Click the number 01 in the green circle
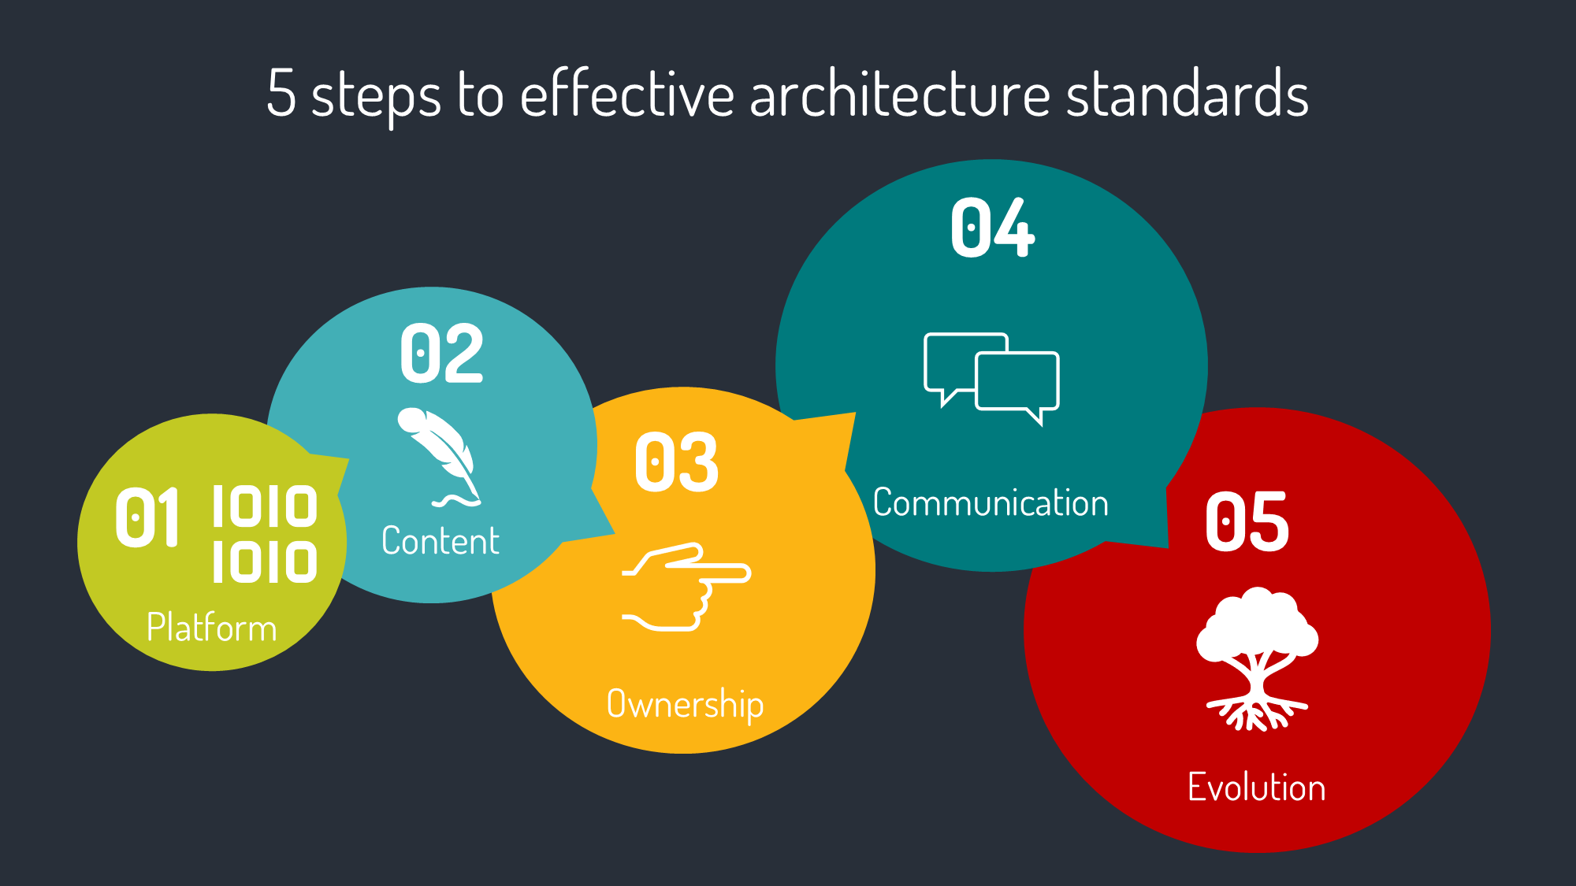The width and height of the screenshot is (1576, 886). (x=147, y=517)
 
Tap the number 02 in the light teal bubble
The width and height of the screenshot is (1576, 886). (x=441, y=354)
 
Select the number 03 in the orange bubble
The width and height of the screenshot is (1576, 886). (x=677, y=462)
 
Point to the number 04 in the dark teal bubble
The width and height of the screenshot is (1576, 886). (x=992, y=228)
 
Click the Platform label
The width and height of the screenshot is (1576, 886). (x=212, y=628)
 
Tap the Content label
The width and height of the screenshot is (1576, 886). (x=440, y=541)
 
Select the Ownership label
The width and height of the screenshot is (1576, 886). (x=685, y=704)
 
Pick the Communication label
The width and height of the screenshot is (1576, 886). (x=991, y=502)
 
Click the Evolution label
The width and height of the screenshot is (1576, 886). (x=1257, y=787)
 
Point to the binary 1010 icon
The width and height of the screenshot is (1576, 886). (x=265, y=534)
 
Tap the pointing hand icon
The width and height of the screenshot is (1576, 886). (x=686, y=587)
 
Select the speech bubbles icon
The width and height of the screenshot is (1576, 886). (x=992, y=379)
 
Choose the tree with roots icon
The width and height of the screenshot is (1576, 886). (x=1257, y=658)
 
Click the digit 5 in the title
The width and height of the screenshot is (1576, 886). (x=281, y=93)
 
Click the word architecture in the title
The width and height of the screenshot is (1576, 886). (x=900, y=93)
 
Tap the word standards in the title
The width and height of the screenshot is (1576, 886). (x=1188, y=93)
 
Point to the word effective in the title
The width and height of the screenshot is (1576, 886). (x=627, y=93)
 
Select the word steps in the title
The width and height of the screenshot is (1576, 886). (x=377, y=98)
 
